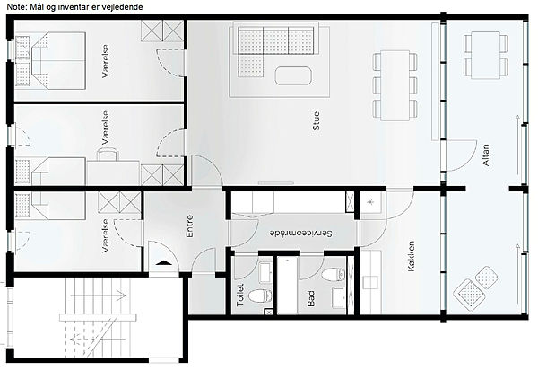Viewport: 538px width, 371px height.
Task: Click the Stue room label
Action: tap(317, 120)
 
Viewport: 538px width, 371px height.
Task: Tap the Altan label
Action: tap(486, 155)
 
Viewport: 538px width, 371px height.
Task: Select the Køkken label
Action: tap(411, 256)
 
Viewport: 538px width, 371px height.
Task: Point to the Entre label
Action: tap(189, 226)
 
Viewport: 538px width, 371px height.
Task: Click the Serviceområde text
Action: tap(301, 234)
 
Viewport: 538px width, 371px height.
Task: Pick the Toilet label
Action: tap(240, 295)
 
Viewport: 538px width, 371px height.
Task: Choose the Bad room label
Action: tap(311, 298)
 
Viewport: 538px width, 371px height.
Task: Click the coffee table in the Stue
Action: tap(293, 76)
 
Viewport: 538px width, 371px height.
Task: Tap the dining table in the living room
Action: tap(395, 85)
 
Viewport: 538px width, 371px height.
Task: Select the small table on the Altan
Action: tap(485, 56)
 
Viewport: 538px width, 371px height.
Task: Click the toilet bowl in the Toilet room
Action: tap(260, 296)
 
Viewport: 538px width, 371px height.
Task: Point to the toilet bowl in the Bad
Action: tap(334, 274)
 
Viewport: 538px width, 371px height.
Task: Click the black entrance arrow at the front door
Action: tap(163, 263)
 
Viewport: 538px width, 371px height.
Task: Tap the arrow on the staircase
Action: tap(98, 296)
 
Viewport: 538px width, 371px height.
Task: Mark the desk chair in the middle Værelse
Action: tap(108, 155)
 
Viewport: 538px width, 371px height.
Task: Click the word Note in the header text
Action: tap(15, 6)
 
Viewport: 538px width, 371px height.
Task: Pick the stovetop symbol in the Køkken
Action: tap(370, 202)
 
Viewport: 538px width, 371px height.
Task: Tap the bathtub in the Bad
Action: tap(287, 285)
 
